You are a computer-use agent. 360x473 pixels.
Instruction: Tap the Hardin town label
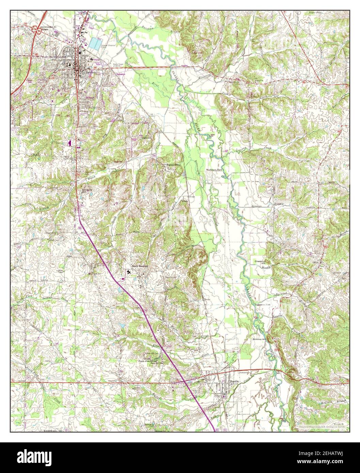pyautogui.click(x=234, y=382)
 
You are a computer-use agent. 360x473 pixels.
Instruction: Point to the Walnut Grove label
pyautogui.click(x=173, y=165)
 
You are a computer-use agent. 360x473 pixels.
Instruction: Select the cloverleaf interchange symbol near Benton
pyautogui.click(x=36, y=30)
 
